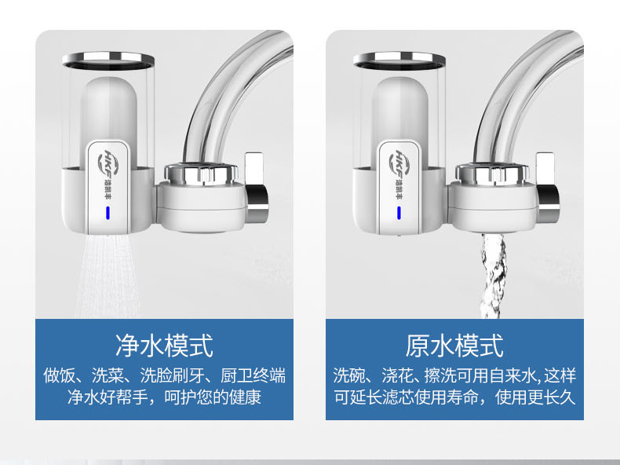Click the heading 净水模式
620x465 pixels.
[x=164, y=346]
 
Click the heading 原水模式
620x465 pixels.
[x=454, y=346]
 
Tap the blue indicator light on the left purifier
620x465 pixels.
[x=108, y=213]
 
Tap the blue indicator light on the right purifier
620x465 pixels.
[x=399, y=213]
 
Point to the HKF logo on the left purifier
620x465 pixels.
[x=108, y=163]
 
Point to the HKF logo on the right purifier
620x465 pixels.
[x=398, y=163]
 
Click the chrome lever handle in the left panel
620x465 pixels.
[x=256, y=186]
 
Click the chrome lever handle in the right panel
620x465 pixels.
[x=547, y=186]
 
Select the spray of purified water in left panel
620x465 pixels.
[x=108, y=276]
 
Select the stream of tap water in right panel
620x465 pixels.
[x=493, y=276]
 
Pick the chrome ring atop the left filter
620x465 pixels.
[x=108, y=60]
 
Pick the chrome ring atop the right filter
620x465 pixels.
[x=399, y=60]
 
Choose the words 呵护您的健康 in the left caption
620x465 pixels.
[x=213, y=397]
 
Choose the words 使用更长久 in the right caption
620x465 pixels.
[x=535, y=397]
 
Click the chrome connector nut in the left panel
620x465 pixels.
[x=201, y=174]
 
